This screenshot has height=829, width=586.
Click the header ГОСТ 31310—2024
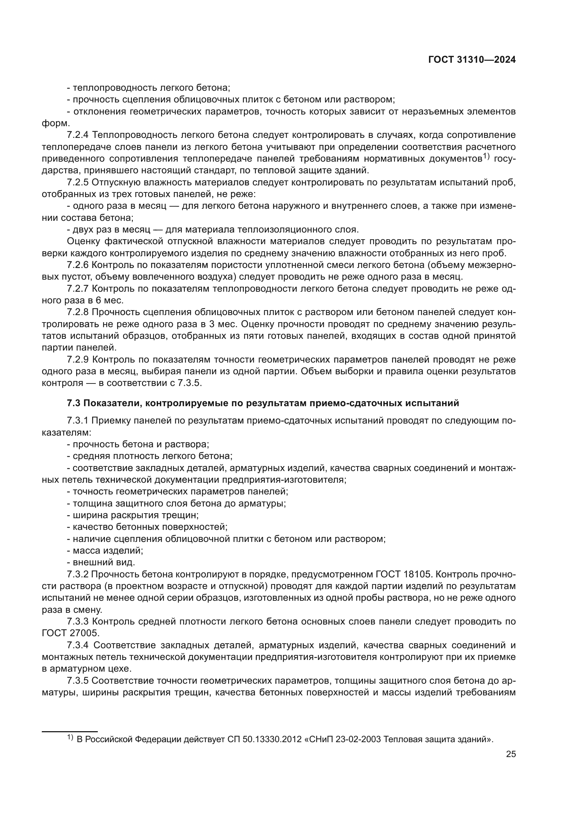472,60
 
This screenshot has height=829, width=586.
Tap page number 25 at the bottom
511,754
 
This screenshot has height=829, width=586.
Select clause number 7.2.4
78,135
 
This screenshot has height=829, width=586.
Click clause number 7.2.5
78,182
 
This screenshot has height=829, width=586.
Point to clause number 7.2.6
78,265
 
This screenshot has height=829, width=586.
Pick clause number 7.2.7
78,289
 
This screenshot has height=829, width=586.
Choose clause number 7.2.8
78,312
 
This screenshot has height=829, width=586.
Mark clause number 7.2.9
78,359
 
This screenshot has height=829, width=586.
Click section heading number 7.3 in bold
74,403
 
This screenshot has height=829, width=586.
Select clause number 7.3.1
78,421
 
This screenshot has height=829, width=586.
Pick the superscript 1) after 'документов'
486,157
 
